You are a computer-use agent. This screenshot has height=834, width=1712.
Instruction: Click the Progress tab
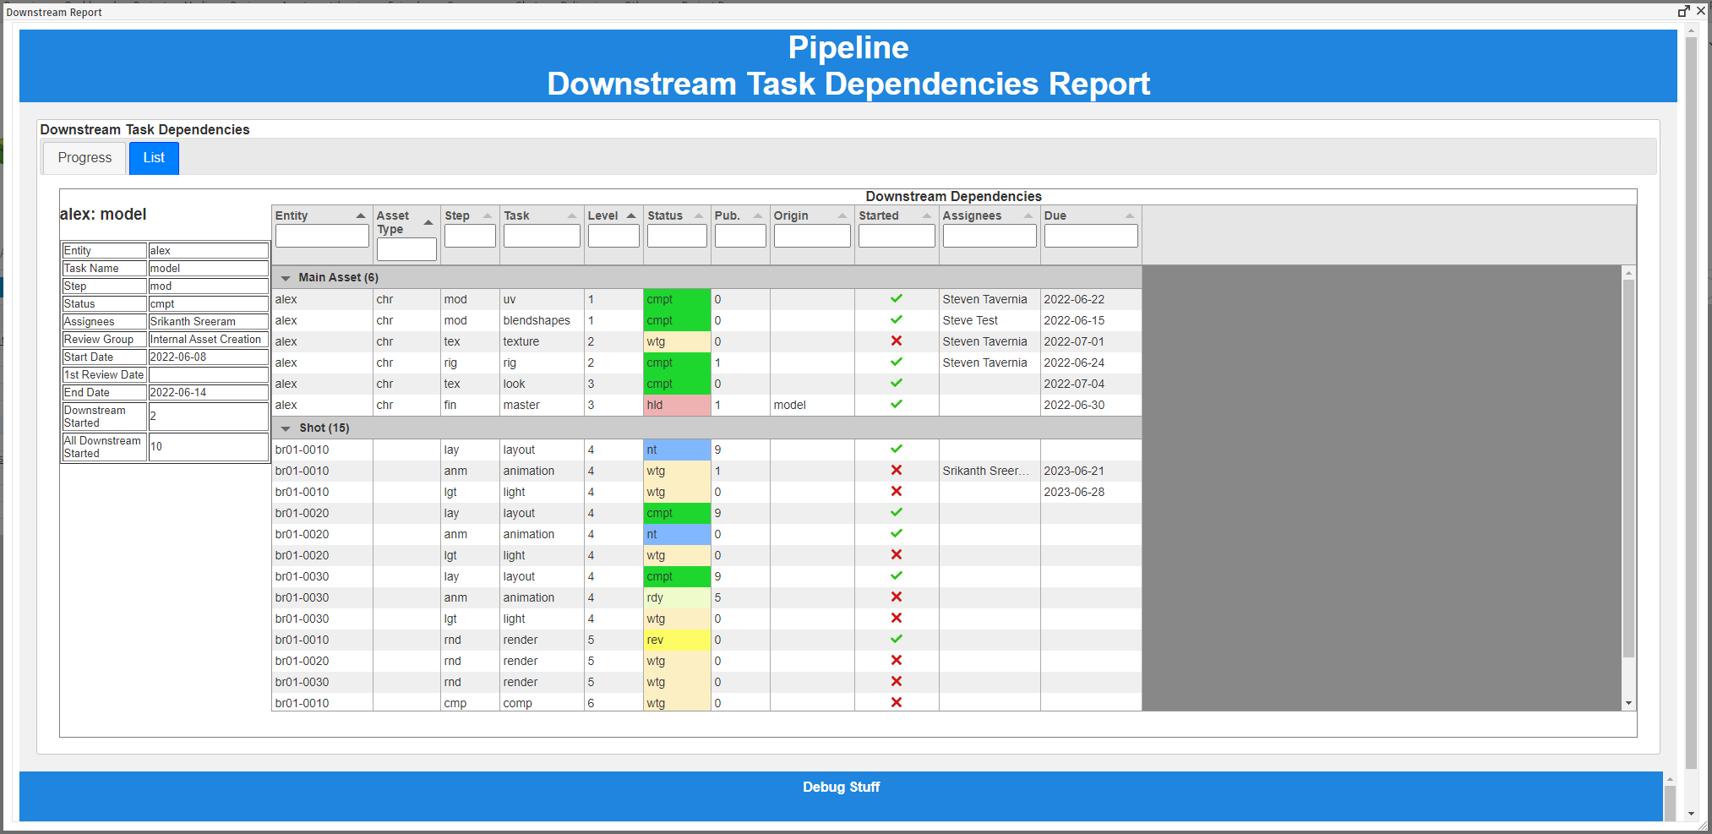85,158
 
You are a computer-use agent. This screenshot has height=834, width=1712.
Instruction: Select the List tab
154,158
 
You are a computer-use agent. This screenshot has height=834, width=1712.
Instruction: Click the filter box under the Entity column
322,237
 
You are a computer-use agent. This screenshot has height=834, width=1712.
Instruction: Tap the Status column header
665,215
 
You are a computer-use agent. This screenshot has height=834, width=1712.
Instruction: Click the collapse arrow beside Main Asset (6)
286,278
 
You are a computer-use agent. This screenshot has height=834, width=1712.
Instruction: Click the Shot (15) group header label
324,428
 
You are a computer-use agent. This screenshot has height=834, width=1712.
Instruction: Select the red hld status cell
676,406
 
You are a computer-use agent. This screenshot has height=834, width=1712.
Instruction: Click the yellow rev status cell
676,640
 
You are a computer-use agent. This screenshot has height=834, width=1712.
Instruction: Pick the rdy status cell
676,598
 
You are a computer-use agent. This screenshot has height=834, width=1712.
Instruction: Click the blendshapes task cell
537,321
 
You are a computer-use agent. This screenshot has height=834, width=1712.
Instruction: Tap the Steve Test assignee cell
970,321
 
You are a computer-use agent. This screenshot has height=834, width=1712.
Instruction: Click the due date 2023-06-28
1074,493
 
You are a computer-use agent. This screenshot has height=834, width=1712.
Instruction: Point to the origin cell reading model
790,406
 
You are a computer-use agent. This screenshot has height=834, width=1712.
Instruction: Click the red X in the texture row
897,341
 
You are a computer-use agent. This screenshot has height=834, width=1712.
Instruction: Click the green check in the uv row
897,299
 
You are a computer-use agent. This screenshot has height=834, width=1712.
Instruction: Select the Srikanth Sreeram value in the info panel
193,322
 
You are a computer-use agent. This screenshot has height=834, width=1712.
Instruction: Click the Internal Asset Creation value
205,340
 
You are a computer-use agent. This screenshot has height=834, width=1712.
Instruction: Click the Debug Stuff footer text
841,788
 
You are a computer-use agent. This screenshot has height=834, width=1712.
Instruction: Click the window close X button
1701,11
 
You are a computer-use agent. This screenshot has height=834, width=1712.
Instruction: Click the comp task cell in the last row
518,704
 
